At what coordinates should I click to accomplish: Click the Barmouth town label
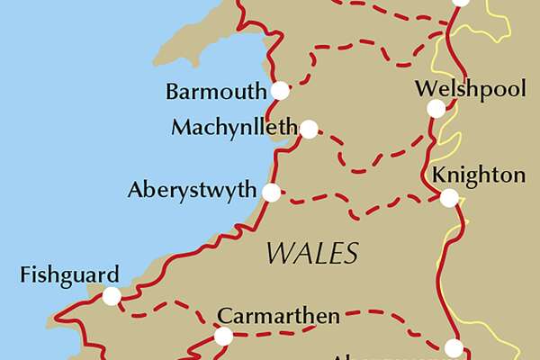pos(216,91)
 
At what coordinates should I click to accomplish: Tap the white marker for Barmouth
pos(280,90)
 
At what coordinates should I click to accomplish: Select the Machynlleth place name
pos(234,129)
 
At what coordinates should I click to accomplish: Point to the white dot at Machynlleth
pos(309,130)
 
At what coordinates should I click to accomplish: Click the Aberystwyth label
pos(192,192)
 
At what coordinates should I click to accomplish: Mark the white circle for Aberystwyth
pos(271,192)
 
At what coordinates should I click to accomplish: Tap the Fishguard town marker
pos(112,296)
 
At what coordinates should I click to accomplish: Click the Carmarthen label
pos(279,316)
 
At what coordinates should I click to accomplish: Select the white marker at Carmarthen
pos(223,337)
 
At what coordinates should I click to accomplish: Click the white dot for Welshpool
pos(436,109)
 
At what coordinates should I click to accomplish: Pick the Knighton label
pos(477,175)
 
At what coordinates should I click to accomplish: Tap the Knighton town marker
pos(448,197)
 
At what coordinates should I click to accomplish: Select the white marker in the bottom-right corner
pos(454,347)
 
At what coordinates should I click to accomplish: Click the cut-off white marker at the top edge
pos(460,2)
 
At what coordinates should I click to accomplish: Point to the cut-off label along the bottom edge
pos(360,355)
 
